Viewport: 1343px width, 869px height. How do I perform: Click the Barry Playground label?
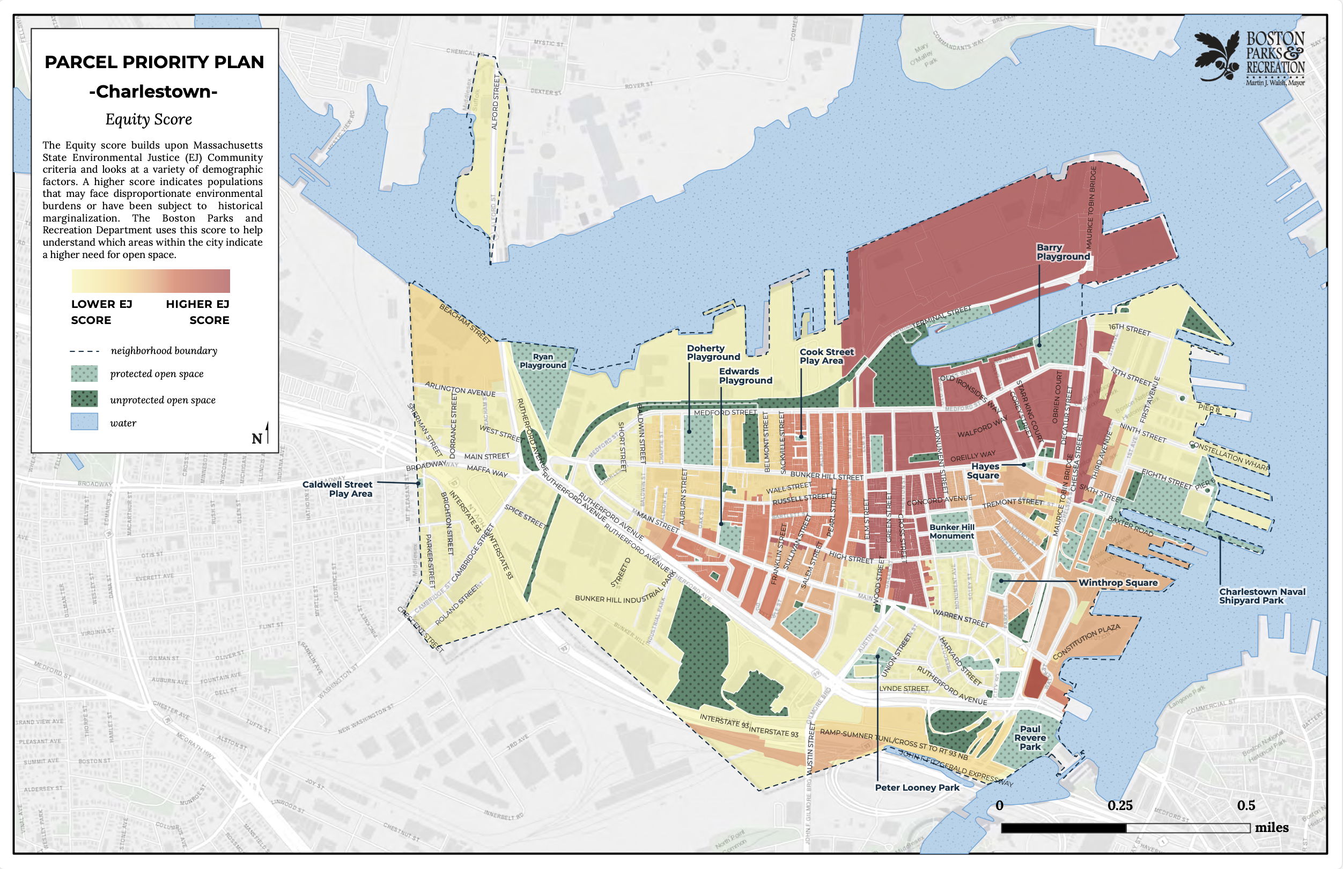point(1062,252)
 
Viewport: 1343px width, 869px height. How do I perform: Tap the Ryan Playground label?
point(543,360)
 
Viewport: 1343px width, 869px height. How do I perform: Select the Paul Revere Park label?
point(1030,738)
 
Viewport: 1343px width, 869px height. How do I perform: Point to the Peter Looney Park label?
point(917,787)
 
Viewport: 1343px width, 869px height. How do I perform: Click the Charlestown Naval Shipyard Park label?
point(1262,596)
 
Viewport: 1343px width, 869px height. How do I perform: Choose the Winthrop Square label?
point(1117,583)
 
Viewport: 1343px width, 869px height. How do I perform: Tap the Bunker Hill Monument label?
point(951,531)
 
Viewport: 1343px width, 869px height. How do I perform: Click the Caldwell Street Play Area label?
point(337,489)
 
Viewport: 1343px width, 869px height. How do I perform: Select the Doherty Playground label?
point(712,352)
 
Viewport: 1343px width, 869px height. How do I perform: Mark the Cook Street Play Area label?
point(826,356)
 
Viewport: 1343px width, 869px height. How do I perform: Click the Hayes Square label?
point(984,470)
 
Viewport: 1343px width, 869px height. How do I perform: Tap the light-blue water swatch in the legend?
point(84,422)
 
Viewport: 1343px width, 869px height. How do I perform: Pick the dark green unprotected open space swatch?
point(84,399)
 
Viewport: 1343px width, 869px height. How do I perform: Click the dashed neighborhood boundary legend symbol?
point(84,351)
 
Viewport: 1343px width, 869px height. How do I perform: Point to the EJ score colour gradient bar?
point(151,281)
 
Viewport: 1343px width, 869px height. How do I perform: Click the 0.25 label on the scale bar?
point(1120,805)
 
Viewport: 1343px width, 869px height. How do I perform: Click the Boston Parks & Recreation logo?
point(1249,57)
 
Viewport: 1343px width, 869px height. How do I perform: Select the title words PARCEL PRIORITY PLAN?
point(154,62)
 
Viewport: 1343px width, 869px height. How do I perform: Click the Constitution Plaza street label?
point(1086,642)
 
